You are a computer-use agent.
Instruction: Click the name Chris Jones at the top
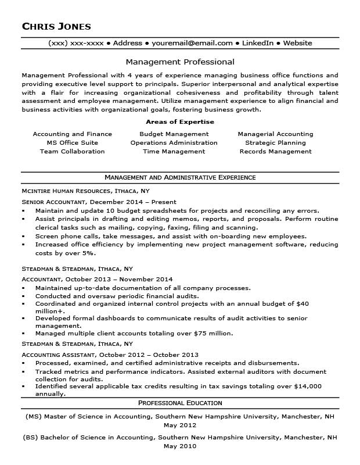click(56, 26)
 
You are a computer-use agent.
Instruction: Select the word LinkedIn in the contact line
click(258, 43)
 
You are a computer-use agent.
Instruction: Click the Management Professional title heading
click(180, 62)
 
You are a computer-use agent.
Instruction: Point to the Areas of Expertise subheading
click(180, 122)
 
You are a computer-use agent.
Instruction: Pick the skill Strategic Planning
click(275, 142)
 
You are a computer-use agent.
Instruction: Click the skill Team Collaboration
click(73, 151)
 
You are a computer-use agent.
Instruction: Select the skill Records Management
click(275, 151)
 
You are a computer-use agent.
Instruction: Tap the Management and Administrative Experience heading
click(180, 177)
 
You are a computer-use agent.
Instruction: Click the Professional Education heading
click(180, 403)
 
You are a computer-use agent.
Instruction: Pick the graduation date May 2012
click(180, 425)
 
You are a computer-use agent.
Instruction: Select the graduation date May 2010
click(180, 446)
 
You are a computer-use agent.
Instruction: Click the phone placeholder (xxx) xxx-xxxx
click(76, 43)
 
